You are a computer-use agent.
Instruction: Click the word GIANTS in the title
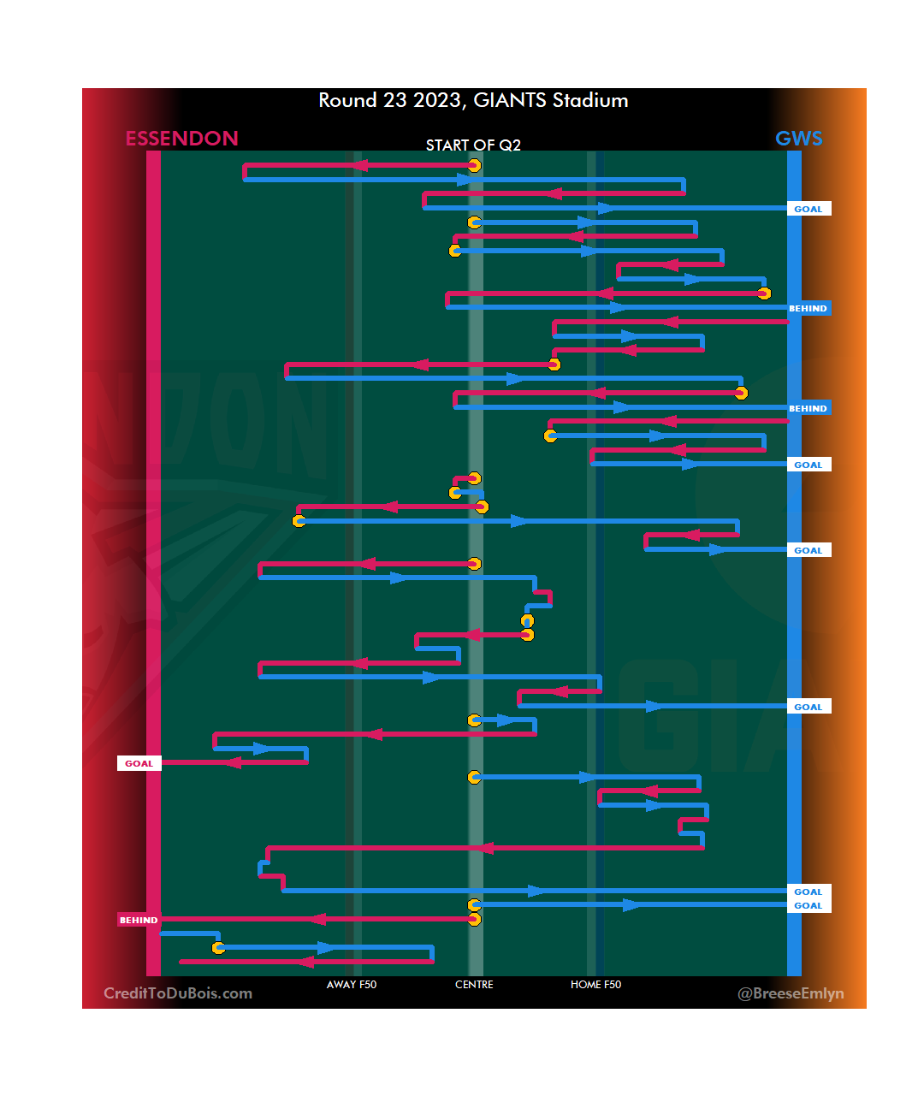(x=510, y=101)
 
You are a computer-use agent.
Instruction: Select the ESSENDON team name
(x=181, y=139)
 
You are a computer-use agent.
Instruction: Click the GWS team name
(x=798, y=139)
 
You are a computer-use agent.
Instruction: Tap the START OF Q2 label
(x=473, y=145)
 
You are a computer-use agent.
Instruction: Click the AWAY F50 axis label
(x=351, y=985)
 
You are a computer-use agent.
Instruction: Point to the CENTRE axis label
(x=474, y=985)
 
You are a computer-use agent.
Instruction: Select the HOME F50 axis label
(x=595, y=985)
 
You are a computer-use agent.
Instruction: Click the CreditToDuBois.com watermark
(x=178, y=993)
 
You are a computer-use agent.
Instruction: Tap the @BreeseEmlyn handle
(x=791, y=993)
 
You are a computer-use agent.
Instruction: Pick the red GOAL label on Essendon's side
(x=139, y=763)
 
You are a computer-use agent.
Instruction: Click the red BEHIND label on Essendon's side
(x=139, y=920)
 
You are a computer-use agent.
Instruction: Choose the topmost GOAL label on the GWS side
(x=808, y=209)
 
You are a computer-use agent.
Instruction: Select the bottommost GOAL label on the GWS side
(x=808, y=905)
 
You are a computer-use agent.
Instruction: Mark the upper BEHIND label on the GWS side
(x=808, y=308)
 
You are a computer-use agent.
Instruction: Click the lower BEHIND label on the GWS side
(x=808, y=408)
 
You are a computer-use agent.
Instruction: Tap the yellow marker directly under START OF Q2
(x=474, y=165)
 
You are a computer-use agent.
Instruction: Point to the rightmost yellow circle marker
(x=764, y=293)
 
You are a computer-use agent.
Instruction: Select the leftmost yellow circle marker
(x=218, y=948)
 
